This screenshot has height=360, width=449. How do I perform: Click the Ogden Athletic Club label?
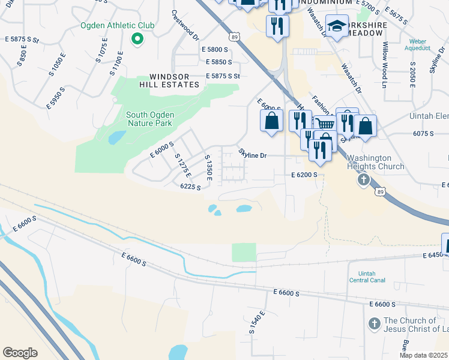pyautogui.click(x=118, y=26)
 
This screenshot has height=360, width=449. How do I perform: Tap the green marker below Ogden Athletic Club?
pyautogui.click(x=137, y=40)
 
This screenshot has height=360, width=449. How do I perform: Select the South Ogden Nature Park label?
pyautogui.click(x=149, y=119)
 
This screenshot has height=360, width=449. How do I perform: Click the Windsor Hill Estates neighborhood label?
pyautogui.click(x=174, y=80)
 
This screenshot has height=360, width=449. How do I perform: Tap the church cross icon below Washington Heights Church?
pyautogui.click(x=363, y=179)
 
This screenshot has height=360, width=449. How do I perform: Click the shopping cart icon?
pyautogui.click(x=325, y=124)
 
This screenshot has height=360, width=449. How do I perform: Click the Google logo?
pyautogui.click(x=20, y=352)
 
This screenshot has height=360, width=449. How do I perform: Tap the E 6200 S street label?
pyautogui.click(x=304, y=175)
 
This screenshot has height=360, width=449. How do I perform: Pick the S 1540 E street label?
pyautogui.click(x=256, y=323)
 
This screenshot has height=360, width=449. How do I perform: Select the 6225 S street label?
pyautogui.click(x=190, y=187)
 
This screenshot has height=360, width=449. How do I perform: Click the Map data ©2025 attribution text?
pyautogui.click(x=423, y=355)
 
